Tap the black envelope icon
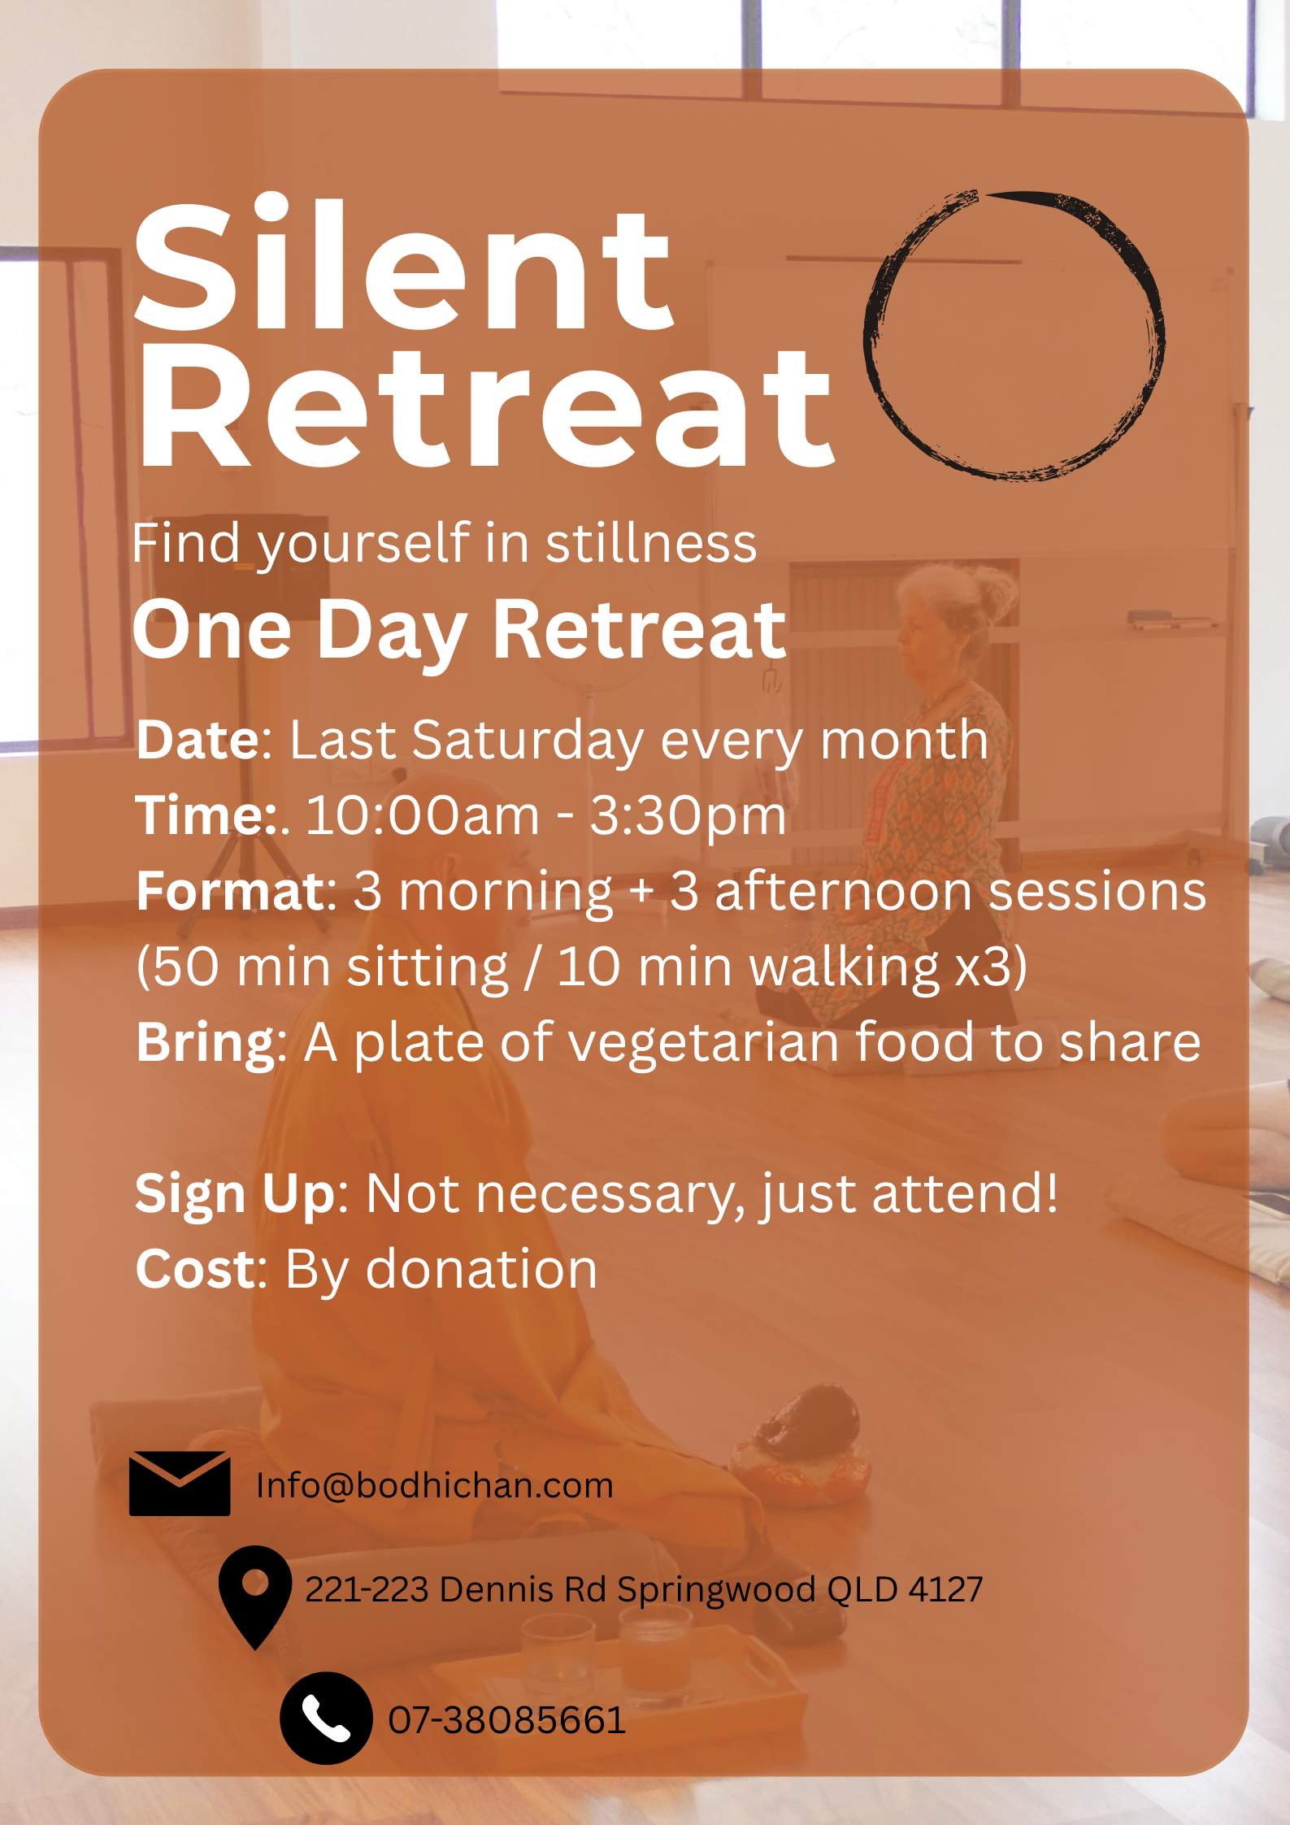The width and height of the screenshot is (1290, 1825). pyautogui.click(x=180, y=1483)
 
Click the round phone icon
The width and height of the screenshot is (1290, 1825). pyautogui.click(x=326, y=1718)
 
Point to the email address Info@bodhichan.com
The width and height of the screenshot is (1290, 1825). pyautogui.click(x=435, y=1485)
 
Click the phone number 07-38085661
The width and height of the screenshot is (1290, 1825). pyautogui.click(x=506, y=1720)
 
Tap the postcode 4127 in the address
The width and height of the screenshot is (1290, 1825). pyautogui.click(x=945, y=1589)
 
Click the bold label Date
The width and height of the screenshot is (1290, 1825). pyautogui.click(x=198, y=741)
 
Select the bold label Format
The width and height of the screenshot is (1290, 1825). pyautogui.click(x=231, y=891)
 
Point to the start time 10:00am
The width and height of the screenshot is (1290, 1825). pyautogui.click(x=422, y=815)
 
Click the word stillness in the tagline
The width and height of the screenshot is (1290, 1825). pyautogui.click(x=651, y=543)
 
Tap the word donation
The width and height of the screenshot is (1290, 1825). pyautogui.click(x=481, y=1269)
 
